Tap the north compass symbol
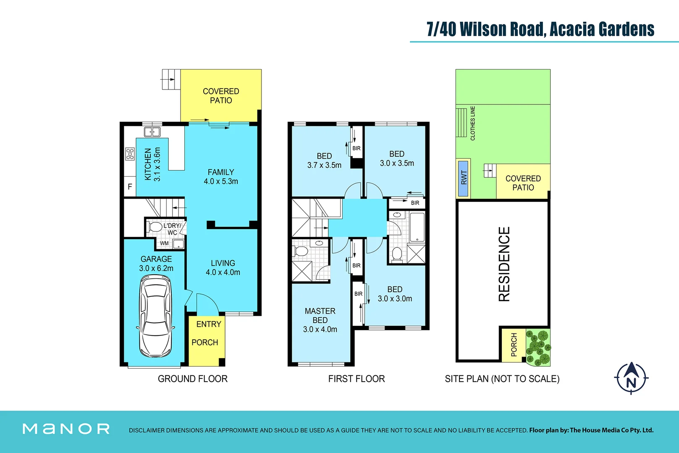(x=631, y=378)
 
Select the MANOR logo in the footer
(x=66, y=429)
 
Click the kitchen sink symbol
(x=152, y=132)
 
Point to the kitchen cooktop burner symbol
(x=130, y=154)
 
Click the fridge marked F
(x=130, y=187)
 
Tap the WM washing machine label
(x=164, y=243)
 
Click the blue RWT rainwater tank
(x=463, y=178)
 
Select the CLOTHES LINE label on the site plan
(x=473, y=123)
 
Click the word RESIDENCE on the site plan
(x=504, y=264)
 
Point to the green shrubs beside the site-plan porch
(x=538, y=347)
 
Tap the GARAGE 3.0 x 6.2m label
(x=156, y=263)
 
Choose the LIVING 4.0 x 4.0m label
(x=223, y=268)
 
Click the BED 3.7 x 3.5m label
(x=324, y=161)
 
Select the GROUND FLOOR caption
(x=192, y=379)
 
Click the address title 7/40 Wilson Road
(x=540, y=29)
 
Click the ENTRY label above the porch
(x=208, y=324)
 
